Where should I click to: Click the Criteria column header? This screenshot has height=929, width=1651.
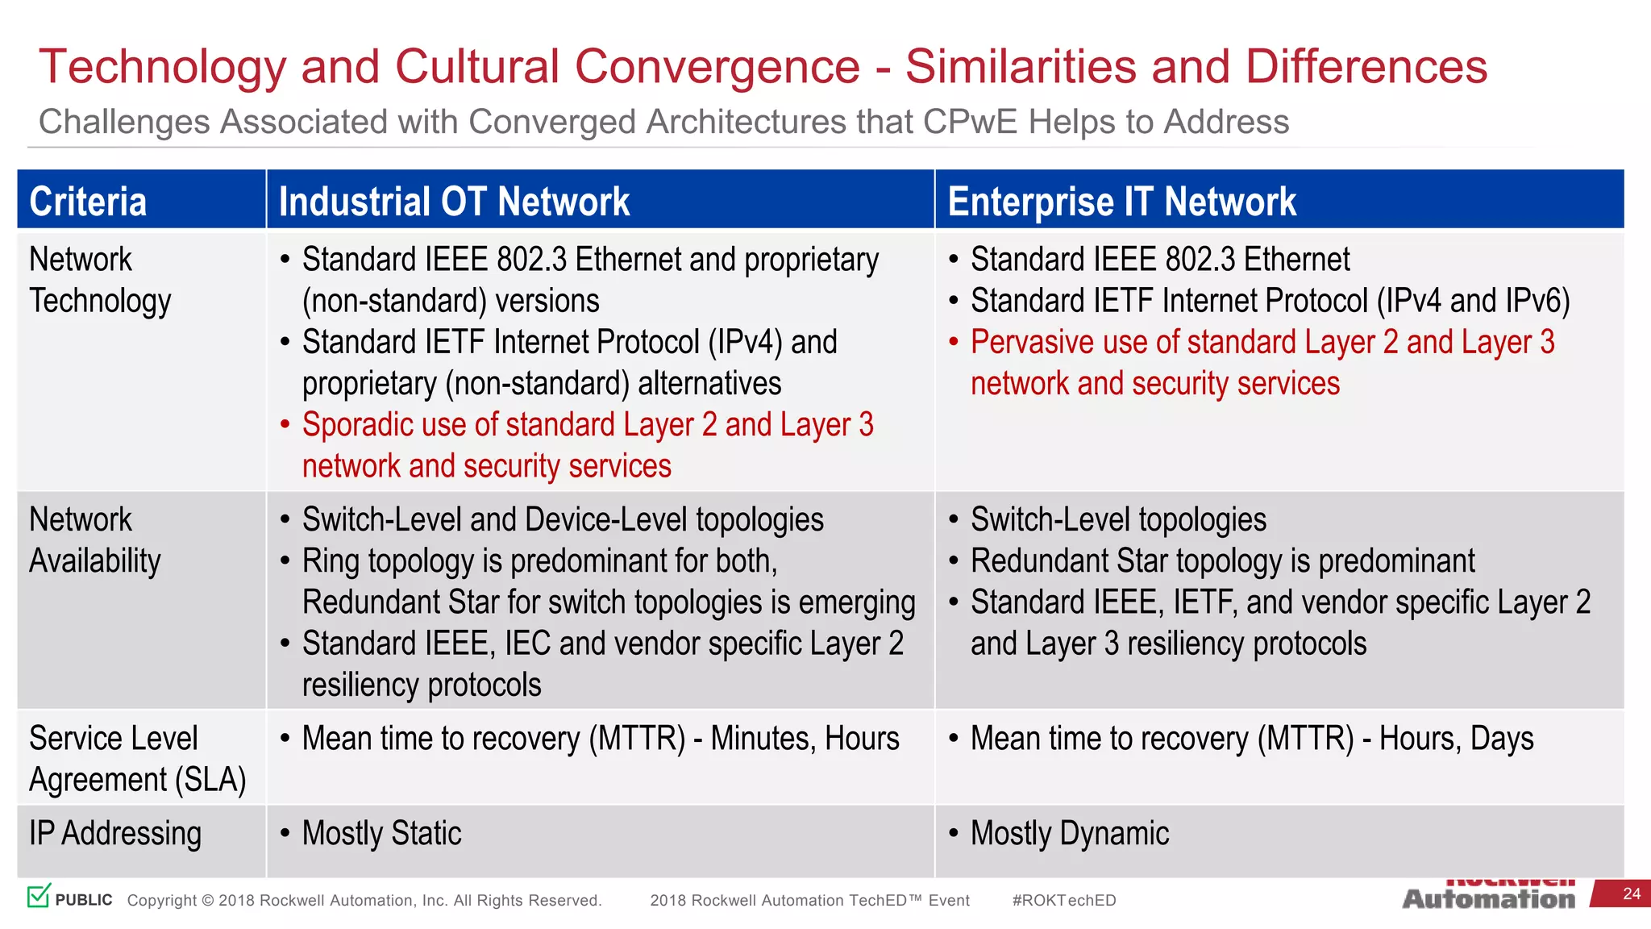pos(88,202)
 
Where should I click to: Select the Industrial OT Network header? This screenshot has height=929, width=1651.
pos(454,202)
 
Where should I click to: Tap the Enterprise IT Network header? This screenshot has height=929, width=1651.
pos(1121,202)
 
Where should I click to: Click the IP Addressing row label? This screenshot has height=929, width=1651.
pos(115,833)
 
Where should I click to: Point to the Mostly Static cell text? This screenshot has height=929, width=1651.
pos(381,833)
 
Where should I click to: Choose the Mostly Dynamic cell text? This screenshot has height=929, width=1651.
pos(1069,833)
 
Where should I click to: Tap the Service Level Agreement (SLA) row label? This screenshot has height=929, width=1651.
pos(137,759)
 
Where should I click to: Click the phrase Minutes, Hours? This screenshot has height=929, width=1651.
pos(805,739)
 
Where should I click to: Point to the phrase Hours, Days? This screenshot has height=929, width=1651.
pos(1456,739)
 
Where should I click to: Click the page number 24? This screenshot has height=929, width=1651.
pos(1631,894)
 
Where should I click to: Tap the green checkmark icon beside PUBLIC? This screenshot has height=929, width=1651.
pos(39,895)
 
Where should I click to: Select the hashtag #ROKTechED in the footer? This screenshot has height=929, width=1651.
pos(1063,900)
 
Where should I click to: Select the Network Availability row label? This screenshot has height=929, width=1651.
pos(95,540)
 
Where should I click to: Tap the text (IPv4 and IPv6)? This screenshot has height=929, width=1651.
pos(1473,301)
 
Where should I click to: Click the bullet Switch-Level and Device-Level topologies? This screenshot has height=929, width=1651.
pos(563,520)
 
